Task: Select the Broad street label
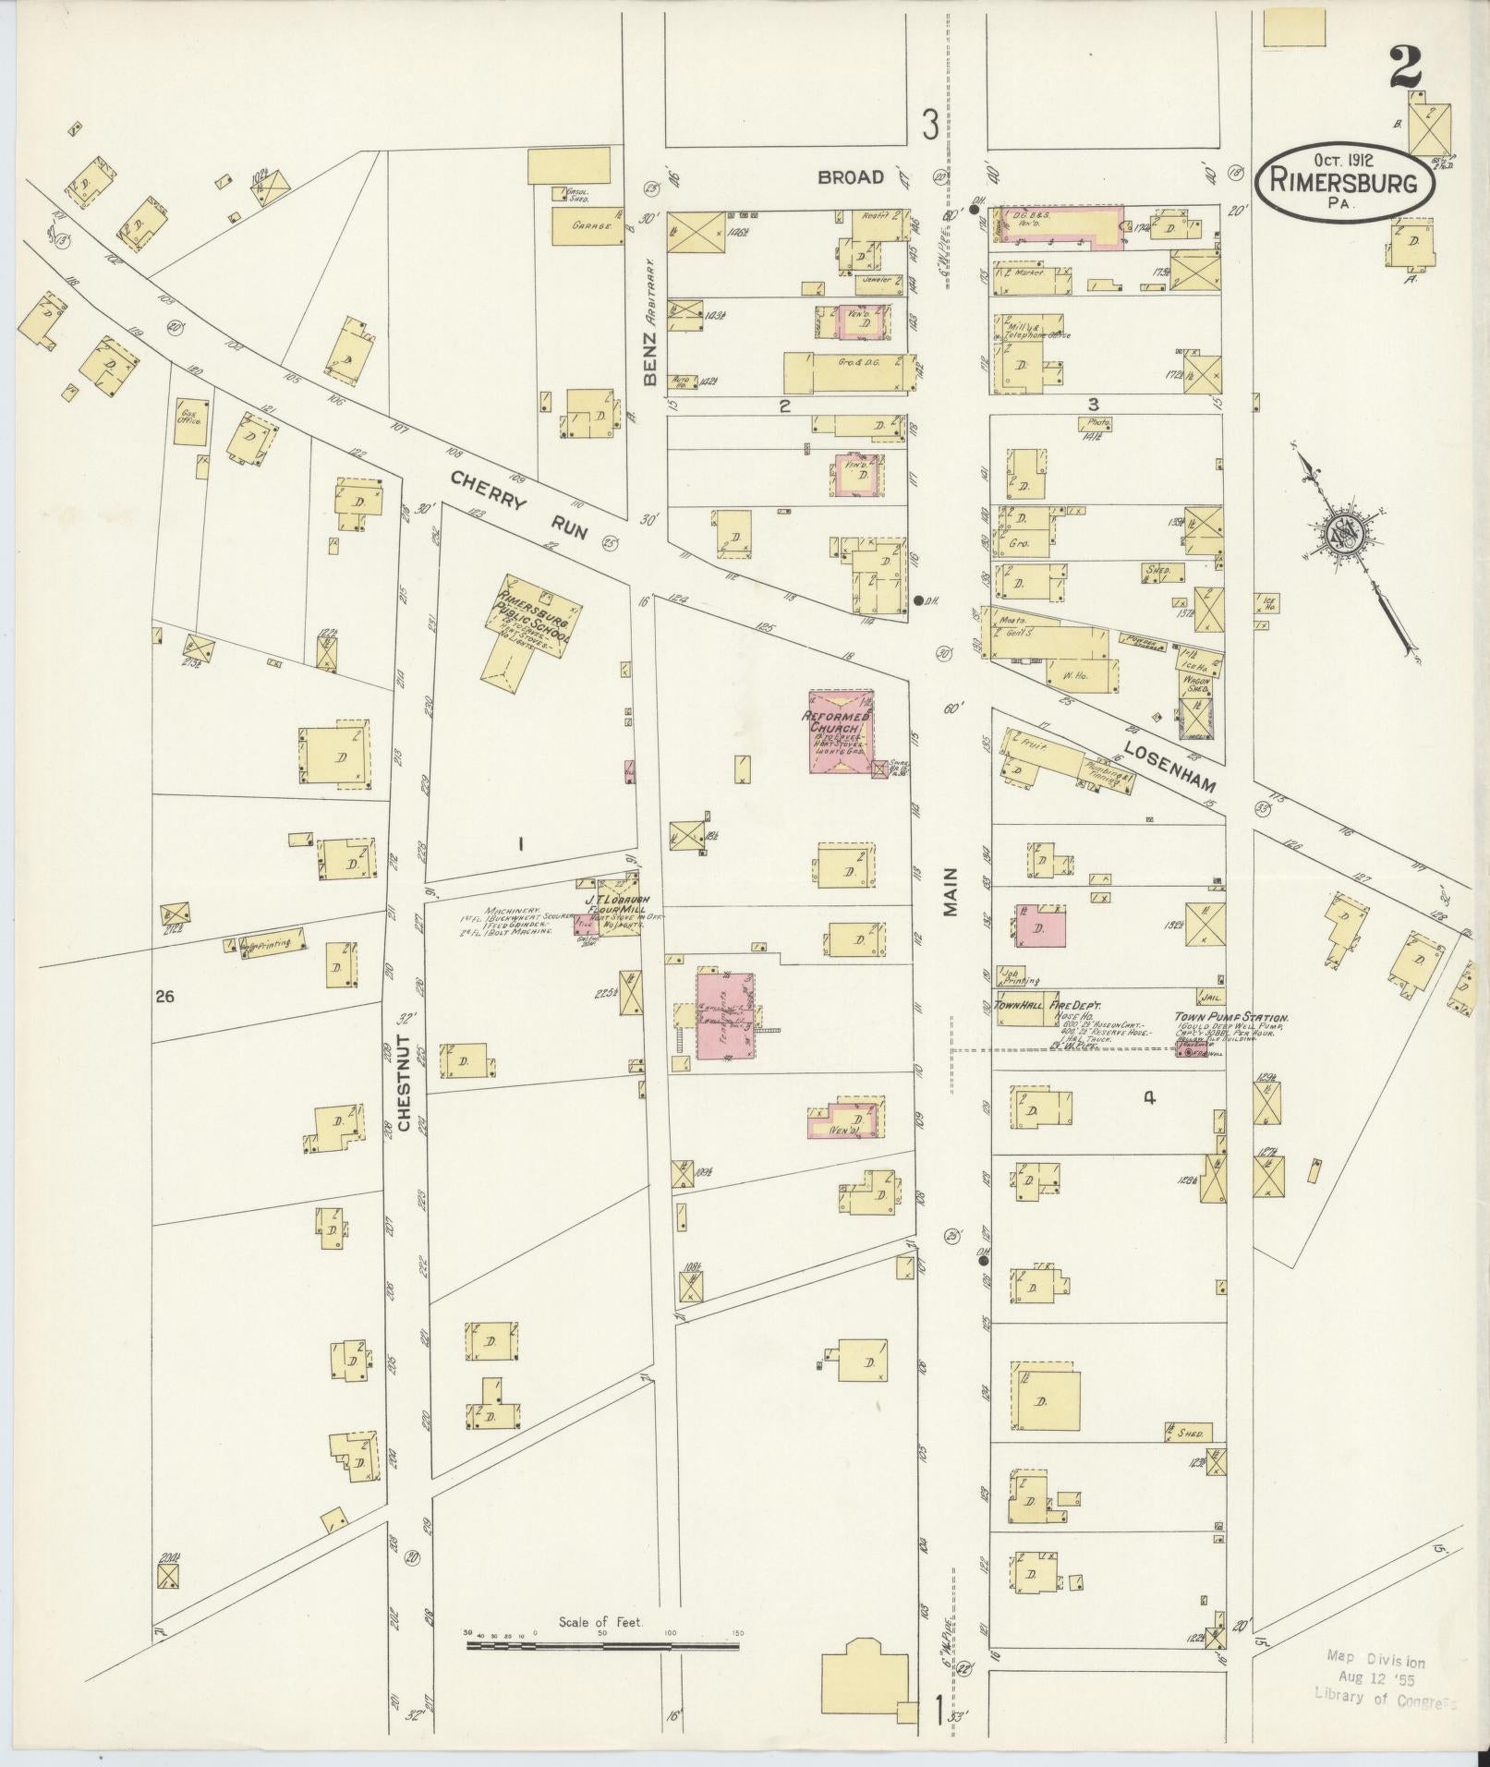click(x=851, y=176)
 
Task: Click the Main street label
click(x=951, y=891)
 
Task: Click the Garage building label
click(x=588, y=225)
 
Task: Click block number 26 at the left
click(x=165, y=997)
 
